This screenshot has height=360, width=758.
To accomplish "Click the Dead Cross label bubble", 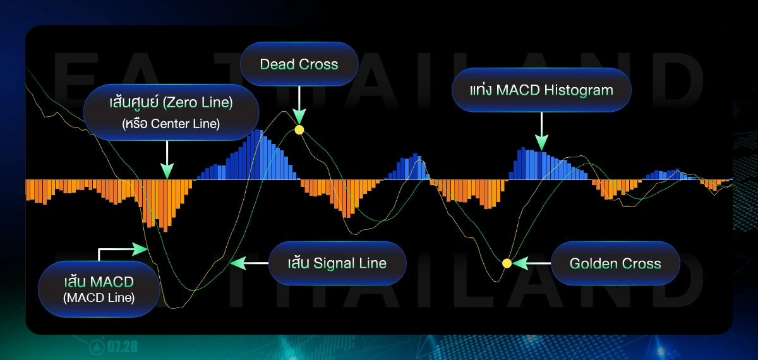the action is (299, 64).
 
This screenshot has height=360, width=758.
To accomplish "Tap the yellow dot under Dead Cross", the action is (299, 130).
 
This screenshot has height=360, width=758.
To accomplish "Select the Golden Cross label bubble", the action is (615, 263).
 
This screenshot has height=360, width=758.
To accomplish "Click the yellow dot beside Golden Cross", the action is (507, 263).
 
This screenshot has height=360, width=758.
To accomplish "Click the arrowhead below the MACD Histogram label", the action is (541, 142).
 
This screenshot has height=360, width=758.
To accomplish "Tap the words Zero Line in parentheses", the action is (198, 102).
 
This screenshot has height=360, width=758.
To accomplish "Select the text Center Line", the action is (185, 124).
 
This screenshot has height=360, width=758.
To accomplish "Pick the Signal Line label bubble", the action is (337, 263).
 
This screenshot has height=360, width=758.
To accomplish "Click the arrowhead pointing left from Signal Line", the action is (238, 263).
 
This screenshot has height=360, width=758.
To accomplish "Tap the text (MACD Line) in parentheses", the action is (99, 297).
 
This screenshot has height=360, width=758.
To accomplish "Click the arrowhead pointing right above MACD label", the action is (140, 249).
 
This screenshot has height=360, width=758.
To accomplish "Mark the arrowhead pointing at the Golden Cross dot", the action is (520, 263).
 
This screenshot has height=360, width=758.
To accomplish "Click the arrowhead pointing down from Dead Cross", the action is (299, 116).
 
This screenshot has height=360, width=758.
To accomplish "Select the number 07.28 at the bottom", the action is (123, 347).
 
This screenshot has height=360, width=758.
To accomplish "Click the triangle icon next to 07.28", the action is (97, 347).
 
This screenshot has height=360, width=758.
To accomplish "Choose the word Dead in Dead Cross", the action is (274, 64).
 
